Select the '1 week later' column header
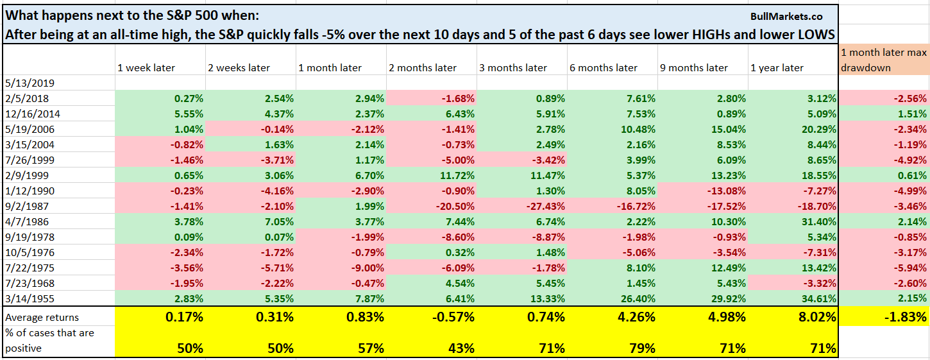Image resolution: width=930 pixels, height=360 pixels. coord(146,67)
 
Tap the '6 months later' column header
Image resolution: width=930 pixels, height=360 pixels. coord(604,67)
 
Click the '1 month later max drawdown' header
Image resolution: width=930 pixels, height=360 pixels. coord(884,60)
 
